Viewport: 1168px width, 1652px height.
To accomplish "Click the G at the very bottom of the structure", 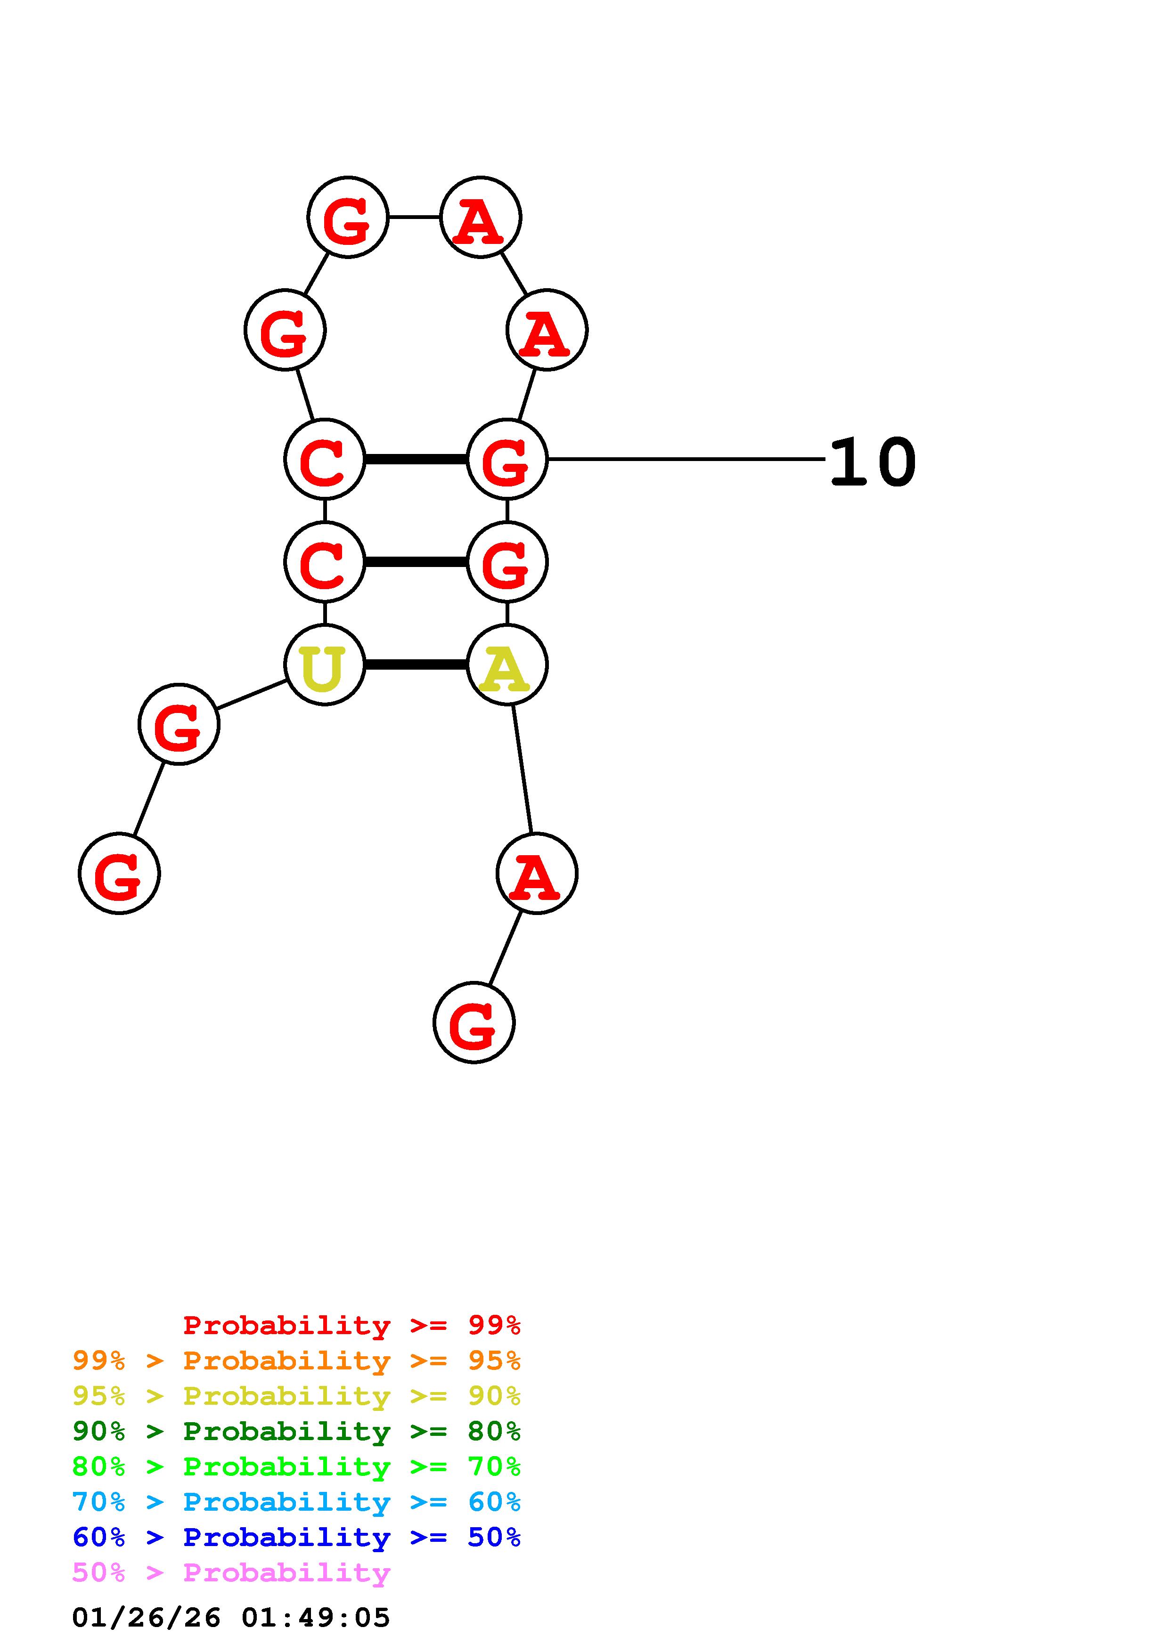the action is click(x=474, y=1022).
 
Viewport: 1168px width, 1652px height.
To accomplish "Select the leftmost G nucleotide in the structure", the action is click(x=119, y=874).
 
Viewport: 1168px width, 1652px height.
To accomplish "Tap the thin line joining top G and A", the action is click(x=414, y=217).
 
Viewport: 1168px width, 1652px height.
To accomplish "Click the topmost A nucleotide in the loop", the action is click(x=480, y=217).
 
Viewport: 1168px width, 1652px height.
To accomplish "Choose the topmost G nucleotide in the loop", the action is click(x=348, y=217).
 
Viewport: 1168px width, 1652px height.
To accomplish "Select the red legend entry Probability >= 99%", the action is click(x=351, y=1325).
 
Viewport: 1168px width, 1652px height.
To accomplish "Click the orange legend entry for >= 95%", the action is click(x=296, y=1360).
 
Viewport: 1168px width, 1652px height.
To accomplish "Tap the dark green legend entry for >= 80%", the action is click(x=296, y=1431).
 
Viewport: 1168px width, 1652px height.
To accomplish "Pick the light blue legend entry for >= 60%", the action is click(x=296, y=1502).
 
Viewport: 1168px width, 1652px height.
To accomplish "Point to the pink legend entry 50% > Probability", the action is click(x=231, y=1572).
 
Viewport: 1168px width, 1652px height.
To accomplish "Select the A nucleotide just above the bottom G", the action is click(x=536, y=874).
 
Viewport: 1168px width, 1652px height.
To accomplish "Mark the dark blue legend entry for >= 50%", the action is click(x=296, y=1537).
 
